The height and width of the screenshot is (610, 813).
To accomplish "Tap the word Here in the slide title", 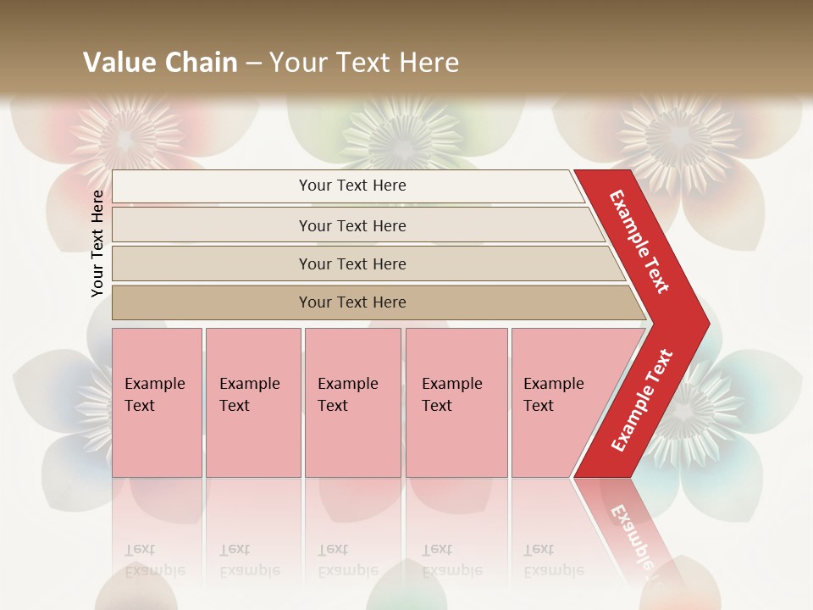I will click(429, 63).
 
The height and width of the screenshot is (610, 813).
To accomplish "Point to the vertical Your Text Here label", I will click(97, 243).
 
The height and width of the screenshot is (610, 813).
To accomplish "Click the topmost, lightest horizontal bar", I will click(212, 186).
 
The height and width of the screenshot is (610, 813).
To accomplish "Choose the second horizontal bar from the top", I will click(212, 225).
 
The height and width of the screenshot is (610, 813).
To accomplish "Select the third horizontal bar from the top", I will click(212, 263).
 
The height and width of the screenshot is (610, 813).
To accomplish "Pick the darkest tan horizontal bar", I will click(212, 302).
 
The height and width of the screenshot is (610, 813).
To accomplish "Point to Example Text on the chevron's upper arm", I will click(639, 241).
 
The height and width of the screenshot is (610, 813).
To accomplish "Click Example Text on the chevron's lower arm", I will click(642, 400).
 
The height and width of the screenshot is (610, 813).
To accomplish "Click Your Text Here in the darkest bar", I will click(352, 302).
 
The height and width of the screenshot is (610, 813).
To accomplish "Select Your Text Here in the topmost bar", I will click(352, 186).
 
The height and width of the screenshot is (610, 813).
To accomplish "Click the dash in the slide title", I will click(253, 63).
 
